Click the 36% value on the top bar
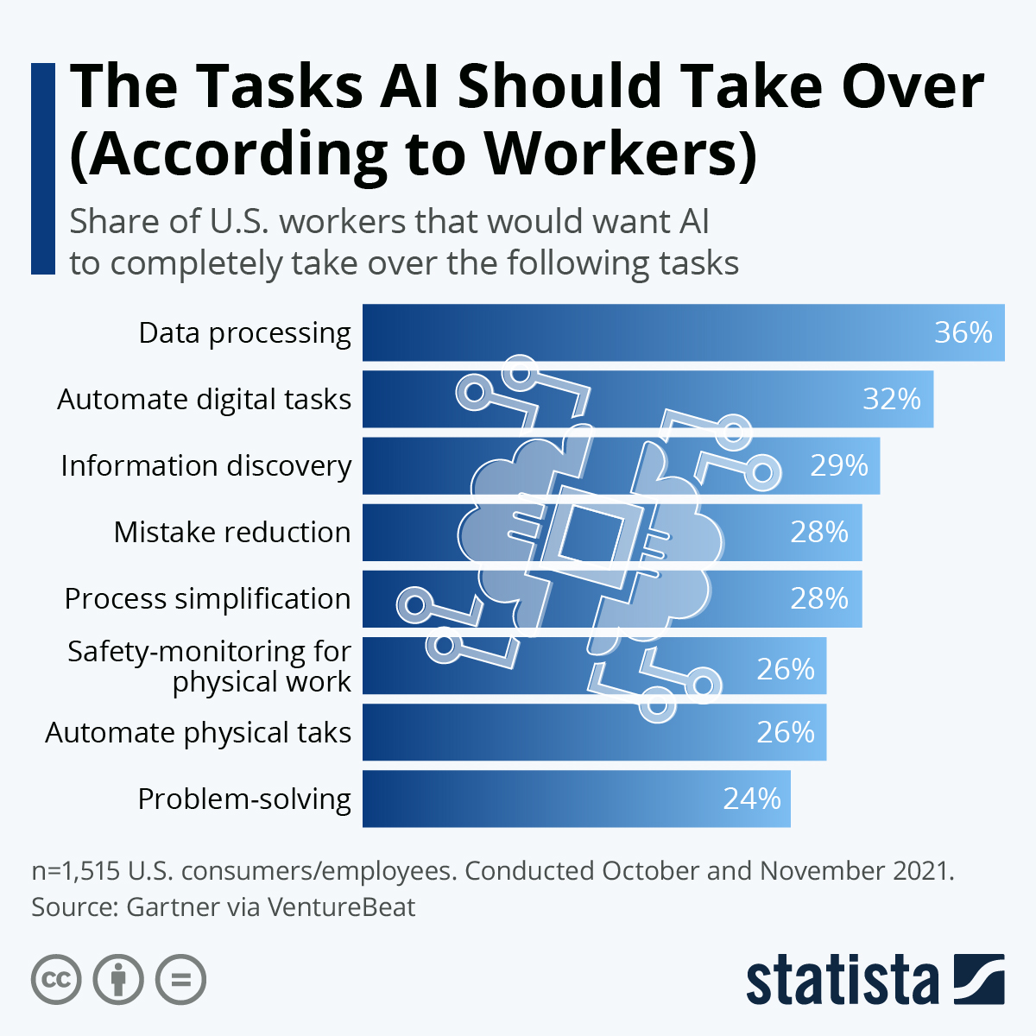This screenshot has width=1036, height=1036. pos(963,333)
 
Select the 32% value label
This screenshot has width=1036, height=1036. pos(892,400)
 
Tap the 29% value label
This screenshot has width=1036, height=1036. pos(838,466)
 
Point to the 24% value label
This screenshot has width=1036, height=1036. pos(751,799)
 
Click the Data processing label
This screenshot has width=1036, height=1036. pos(244,333)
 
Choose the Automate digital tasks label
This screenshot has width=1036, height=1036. pos(204,400)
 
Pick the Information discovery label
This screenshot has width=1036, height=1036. pos(205,466)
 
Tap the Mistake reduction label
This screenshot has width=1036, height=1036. pos(232,533)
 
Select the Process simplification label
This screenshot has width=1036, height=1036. pos(207,599)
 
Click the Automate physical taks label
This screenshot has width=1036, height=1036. pos(198,733)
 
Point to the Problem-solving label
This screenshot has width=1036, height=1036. pos(244,799)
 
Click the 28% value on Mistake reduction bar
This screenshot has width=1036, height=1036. pos(819,533)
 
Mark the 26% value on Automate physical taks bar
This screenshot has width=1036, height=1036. pos(786,733)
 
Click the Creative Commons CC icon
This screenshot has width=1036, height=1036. pos(56,980)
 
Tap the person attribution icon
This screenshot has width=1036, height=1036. pos(118,980)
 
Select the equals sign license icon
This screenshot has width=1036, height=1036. pos(181,980)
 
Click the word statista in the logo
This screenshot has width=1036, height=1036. pos(842,981)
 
